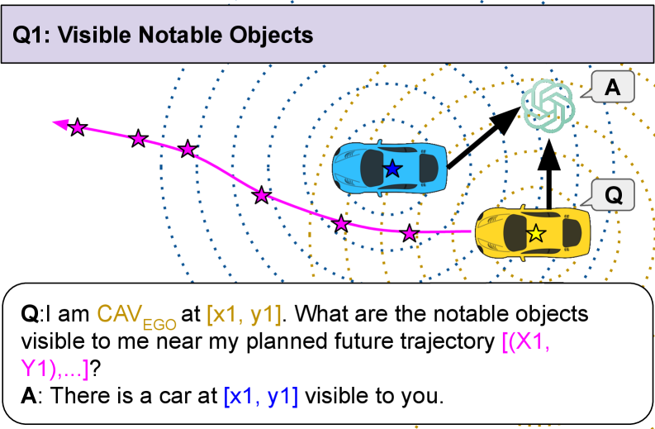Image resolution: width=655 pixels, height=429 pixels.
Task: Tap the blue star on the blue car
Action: tap(392, 169)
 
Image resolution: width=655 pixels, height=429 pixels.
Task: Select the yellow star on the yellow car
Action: tap(536, 234)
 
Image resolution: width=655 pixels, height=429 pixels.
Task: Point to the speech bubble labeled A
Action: tap(611, 88)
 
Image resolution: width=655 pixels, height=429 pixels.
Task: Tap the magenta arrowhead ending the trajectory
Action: tap(59, 124)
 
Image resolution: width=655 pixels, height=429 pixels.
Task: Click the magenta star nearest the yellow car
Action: tap(410, 234)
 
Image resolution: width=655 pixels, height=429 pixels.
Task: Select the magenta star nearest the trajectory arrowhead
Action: tap(78, 127)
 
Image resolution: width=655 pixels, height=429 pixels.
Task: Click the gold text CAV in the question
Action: tap(115, 314)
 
